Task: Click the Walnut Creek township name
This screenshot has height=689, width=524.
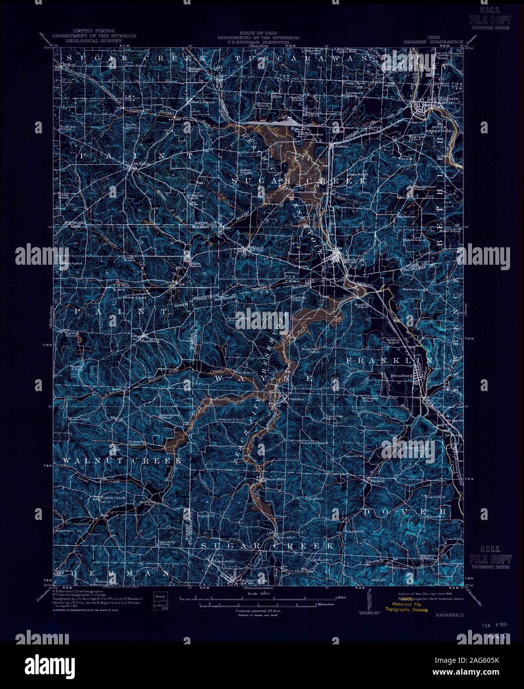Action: [122, 461]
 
